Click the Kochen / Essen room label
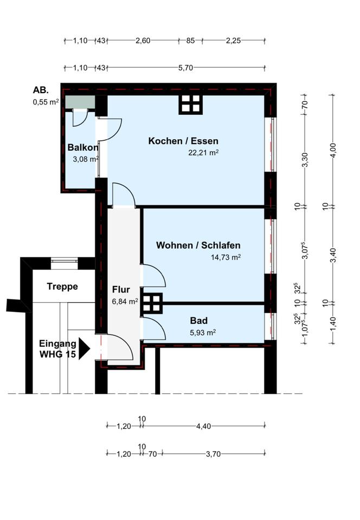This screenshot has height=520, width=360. click(183, 141)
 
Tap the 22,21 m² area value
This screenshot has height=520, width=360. click(203, 153)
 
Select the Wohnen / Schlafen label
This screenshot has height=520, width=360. click(198, 245)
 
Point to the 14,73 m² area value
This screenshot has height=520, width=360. click(226, 257)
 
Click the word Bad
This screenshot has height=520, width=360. click(199, 321)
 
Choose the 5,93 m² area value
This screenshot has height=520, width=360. click(203, 332)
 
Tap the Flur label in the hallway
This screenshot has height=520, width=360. click(121, 289)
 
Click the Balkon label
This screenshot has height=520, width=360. click(83, 147)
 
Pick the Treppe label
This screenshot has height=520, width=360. click(62, 286)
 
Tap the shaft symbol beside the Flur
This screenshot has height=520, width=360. click(151, 303)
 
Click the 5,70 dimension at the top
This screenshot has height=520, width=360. click(185, 68)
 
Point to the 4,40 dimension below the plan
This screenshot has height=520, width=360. click(203, 426)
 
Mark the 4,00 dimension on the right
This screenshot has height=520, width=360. click(333, 151)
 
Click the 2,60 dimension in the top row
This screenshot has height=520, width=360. click(143, 41)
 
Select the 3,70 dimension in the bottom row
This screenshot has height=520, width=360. click(213, 454)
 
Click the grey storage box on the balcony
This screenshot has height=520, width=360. click(80, 102)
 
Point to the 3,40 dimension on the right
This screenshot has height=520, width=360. click(333, 255)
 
